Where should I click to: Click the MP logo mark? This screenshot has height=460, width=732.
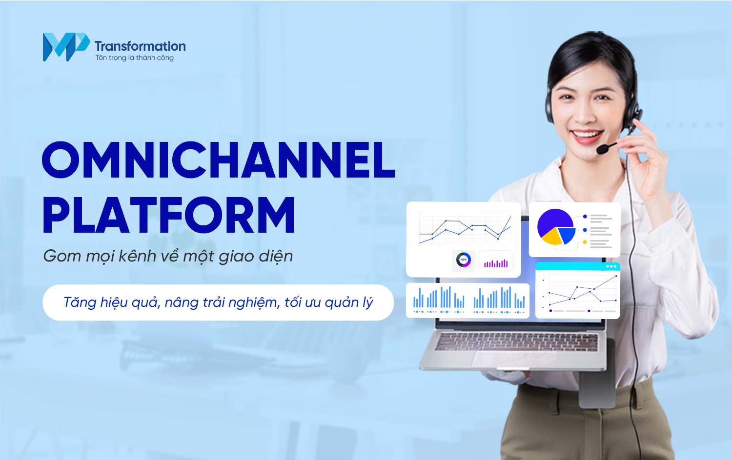(66, 47)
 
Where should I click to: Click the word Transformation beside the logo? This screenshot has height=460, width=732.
(140, 46)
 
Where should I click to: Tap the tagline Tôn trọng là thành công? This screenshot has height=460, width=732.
(134, 58)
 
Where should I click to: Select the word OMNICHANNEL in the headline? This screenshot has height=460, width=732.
(218, 160)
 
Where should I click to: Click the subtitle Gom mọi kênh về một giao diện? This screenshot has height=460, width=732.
(168, 256)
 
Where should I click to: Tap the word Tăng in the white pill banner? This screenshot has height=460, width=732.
(80, 302)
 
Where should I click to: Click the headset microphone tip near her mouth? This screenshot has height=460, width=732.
(602, 149)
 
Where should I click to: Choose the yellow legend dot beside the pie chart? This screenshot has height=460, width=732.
(585, 242)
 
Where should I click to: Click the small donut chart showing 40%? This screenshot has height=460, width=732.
(464, 260)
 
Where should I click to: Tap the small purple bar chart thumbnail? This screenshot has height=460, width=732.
(496, 263)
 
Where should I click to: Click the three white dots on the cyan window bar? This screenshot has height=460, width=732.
(611, 266)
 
